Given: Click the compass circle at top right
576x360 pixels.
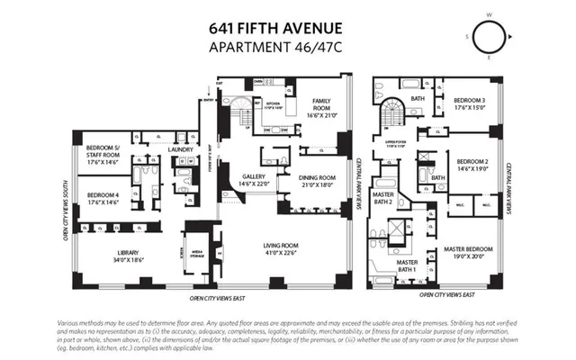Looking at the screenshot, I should point(490,37).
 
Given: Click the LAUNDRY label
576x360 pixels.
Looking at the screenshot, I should point(183,151).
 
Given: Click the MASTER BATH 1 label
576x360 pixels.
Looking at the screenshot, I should point(406,265).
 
